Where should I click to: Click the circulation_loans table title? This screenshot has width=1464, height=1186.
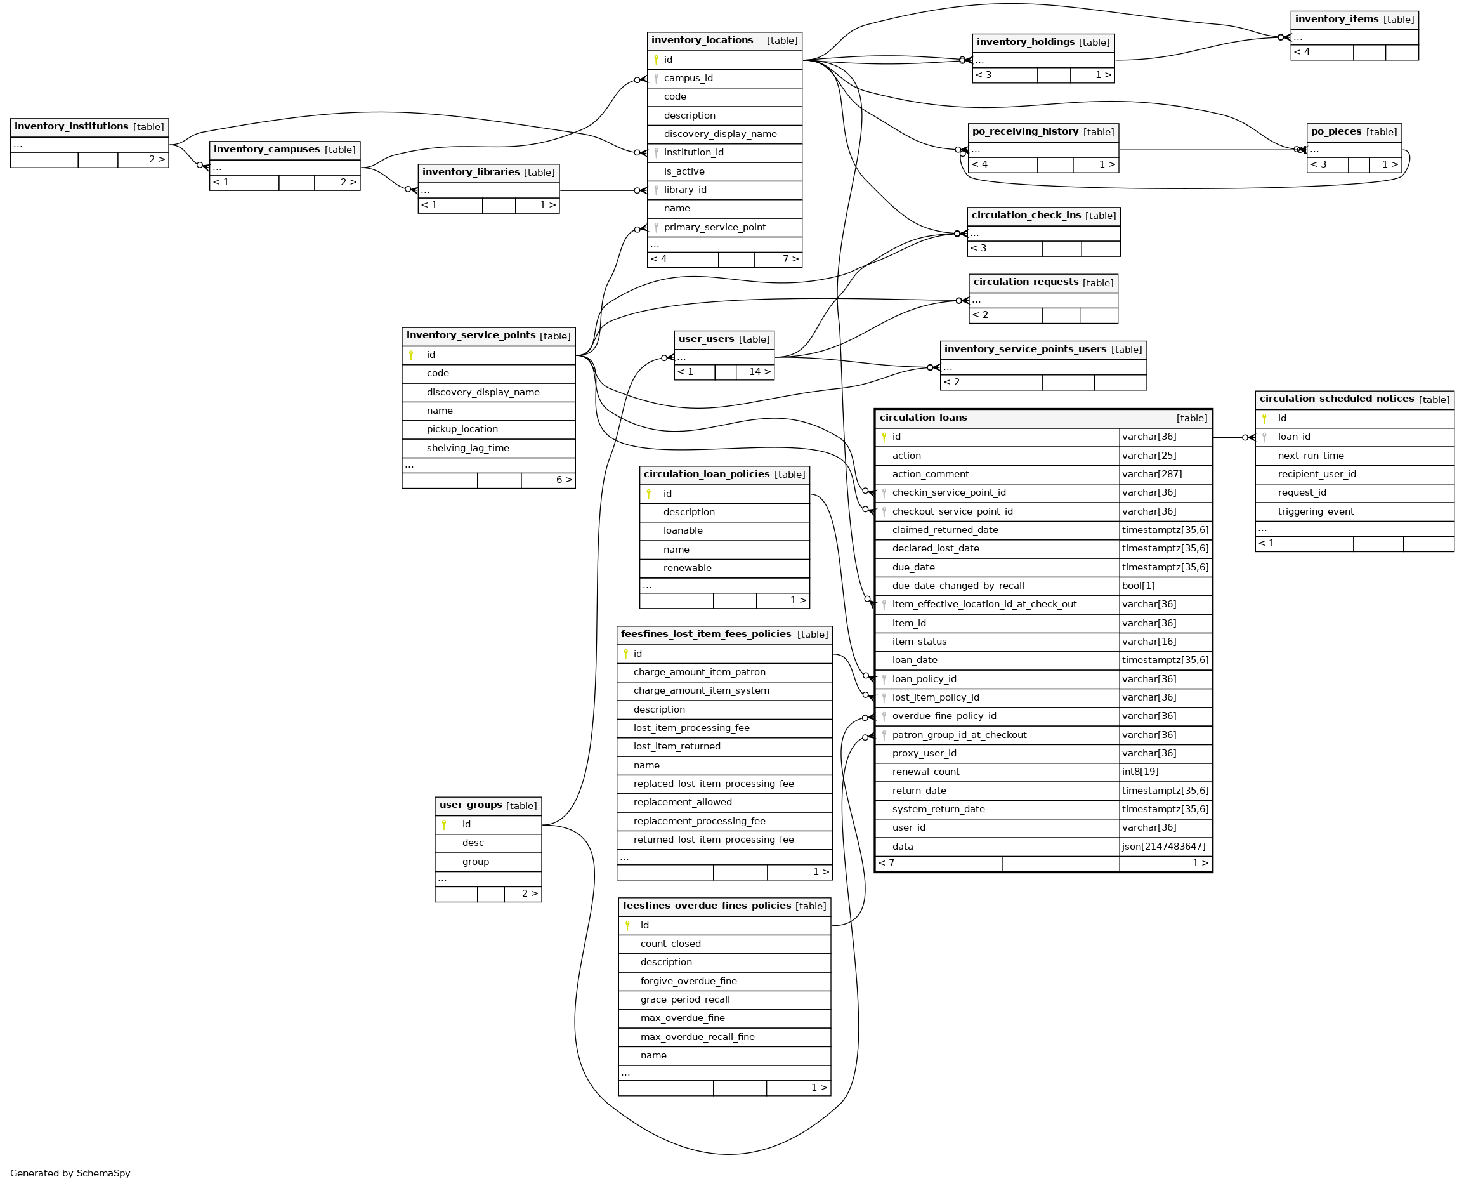[922, 418]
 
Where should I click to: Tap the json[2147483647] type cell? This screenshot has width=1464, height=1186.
[1163, 847]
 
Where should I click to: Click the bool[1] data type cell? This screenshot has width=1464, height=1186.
[1139, 586]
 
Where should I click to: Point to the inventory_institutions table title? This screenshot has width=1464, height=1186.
[71, 127]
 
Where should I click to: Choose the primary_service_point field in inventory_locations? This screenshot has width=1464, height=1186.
[714, 228]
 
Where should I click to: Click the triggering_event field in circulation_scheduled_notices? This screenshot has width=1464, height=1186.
[1315, 511]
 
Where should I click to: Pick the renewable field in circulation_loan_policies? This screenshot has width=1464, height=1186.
[687, 569]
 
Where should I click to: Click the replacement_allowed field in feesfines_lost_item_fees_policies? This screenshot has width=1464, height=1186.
[682, 803]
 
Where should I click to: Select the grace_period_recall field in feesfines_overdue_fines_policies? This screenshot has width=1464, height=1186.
[685, 1000]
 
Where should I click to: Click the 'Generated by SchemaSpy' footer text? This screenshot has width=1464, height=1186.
[70, 1173]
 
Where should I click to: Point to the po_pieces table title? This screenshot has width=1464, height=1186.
[1337, 132]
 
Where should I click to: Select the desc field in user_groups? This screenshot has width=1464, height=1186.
[473, 844]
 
